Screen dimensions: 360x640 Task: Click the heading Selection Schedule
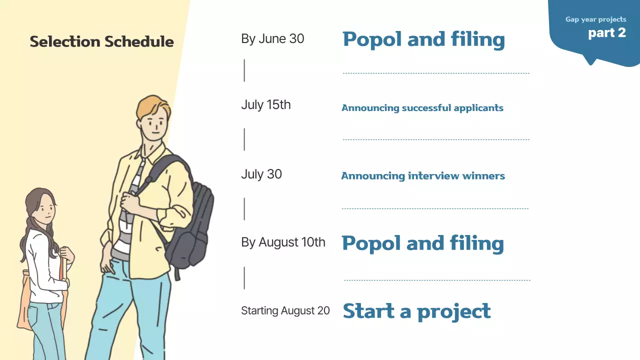pyautogui.click(x=101, y=41)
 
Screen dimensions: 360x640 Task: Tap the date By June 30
pyautogui.click(x=272, y=39)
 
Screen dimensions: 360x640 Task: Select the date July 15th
pyautogui.click(x=265, y=105)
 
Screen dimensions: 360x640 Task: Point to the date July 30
pyautogui.click(x=261, y=174)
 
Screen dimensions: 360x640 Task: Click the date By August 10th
pyautogui.click(x=283, y=242)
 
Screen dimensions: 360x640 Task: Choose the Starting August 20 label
pyautogui.click(x=285, y=310)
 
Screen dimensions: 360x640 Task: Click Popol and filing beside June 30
pyautogui.click(x=423, y=39)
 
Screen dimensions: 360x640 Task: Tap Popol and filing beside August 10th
pyautogui.click(x=422, y=243)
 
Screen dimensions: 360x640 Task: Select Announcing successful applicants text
pyautogui.click(x=422, y=108)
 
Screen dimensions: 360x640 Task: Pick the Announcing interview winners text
pyautogui.click(x=423, y=176)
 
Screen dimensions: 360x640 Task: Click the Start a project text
pyautogui.click(x=416, y=311)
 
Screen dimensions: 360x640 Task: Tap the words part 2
pyautogui.click(x=607, y=33)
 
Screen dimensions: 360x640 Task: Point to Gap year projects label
pyautogui.click(x=595, y=19)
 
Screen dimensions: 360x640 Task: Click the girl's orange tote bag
pyautogui.click(x=25, y=300)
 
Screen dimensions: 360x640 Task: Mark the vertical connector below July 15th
pyautogui.click(x=244, y=139)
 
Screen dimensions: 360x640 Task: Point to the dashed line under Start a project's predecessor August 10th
pyautogui.click(x=437, y=280)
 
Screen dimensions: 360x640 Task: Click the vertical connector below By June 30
pyautogui.click(x=244, y=70)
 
